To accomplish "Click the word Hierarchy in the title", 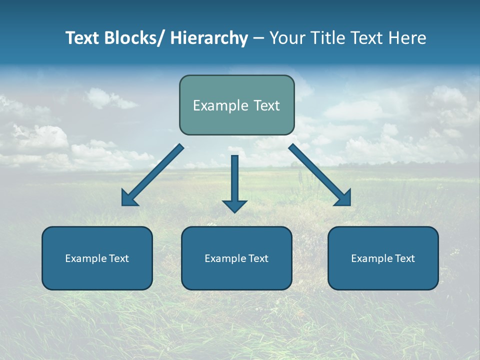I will [209, 38].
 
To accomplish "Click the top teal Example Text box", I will [236, 105].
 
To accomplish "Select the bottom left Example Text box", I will [97, 258].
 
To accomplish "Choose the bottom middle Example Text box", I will [236, 258].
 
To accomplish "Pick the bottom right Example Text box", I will [383, 258].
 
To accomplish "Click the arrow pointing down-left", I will [152, 175].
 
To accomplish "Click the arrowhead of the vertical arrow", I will [234, 205].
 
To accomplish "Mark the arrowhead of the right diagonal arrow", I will [343, 199].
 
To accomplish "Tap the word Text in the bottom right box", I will [404, 258].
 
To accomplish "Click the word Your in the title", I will [286, 38].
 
